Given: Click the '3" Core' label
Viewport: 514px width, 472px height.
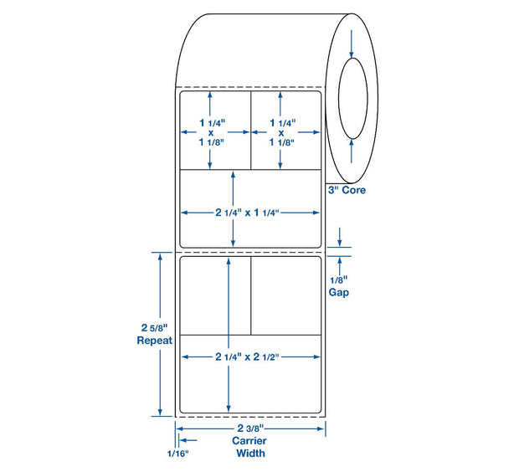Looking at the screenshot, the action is point(347,190).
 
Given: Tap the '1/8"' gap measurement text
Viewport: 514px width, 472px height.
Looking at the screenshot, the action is point(339,280).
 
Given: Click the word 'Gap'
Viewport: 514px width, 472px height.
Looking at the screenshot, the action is point(339,292).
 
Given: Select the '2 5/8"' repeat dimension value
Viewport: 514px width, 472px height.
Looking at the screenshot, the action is point(154,327).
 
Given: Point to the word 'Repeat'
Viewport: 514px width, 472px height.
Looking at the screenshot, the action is point(154,341).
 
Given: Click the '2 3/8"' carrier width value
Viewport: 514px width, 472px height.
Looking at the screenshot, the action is point(250,428).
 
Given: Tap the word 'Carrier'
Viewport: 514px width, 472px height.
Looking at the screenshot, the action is point(249,441).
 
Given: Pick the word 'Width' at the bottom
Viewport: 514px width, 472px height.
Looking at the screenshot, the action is point(250,454).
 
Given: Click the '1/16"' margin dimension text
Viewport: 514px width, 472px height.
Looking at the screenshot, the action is point(178,454).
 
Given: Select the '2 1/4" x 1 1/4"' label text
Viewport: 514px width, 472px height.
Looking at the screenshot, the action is point(247,213).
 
